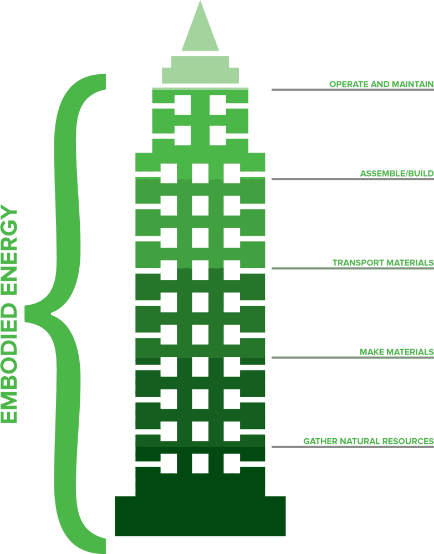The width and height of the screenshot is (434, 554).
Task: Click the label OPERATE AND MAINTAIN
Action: [381, 84]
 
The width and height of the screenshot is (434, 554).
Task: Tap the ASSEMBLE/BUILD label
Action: [396, 174]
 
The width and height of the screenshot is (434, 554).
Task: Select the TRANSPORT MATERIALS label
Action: [382, 263]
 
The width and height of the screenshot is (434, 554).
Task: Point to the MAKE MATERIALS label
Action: [396, 352]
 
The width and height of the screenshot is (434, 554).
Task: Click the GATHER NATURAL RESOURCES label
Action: [368, 441]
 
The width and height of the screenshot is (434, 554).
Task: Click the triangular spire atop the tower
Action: [200, 30]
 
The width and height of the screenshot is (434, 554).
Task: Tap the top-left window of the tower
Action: [183, 104]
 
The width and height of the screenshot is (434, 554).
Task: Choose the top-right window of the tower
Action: [218, 104]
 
